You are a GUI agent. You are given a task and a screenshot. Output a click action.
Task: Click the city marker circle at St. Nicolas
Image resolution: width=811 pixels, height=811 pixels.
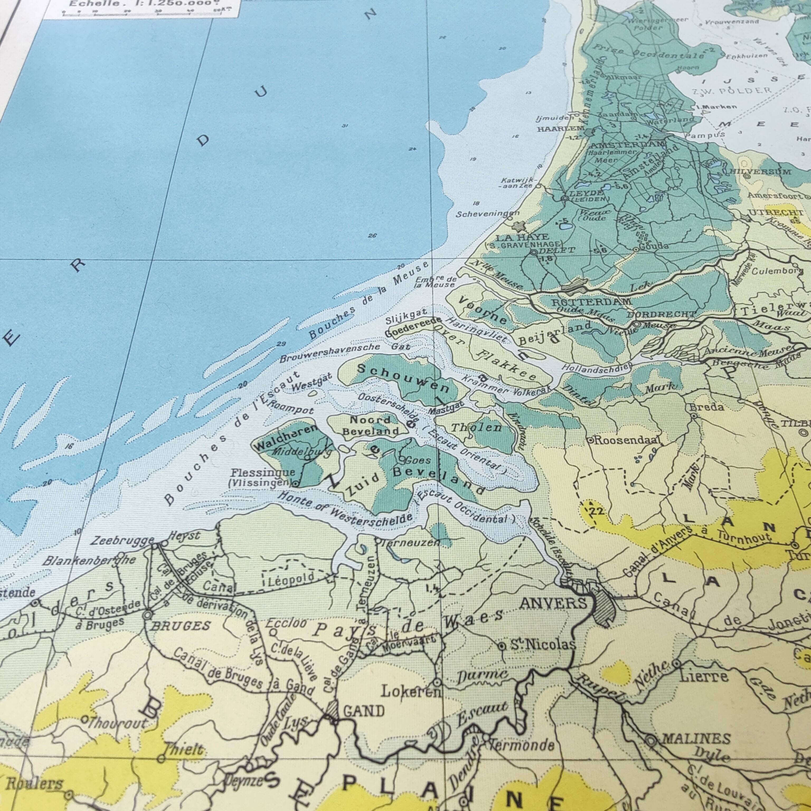click(501, 647)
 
